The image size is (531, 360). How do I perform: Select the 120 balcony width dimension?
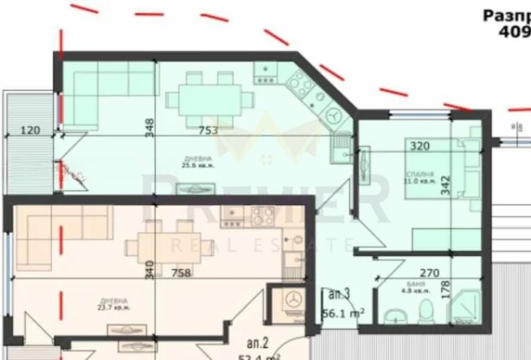click(x=30, y=132)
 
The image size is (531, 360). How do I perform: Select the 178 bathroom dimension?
click(x=447, y=298)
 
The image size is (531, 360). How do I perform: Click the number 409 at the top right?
click(x=514, y=31)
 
